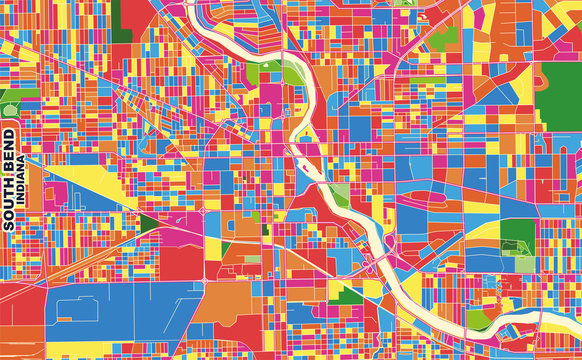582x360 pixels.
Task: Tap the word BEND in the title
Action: [x=9, y=151]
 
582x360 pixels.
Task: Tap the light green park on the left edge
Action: [x=10, y=100]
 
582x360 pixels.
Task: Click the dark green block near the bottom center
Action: [x=345, y=294]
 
